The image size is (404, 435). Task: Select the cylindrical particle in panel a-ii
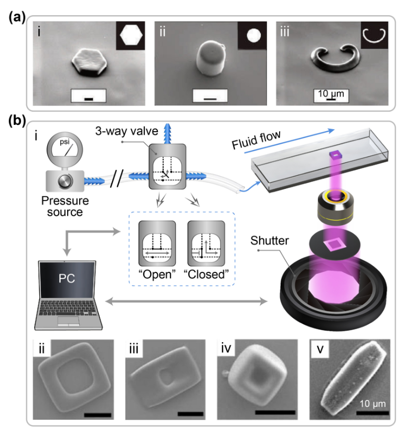coord(210,65)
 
